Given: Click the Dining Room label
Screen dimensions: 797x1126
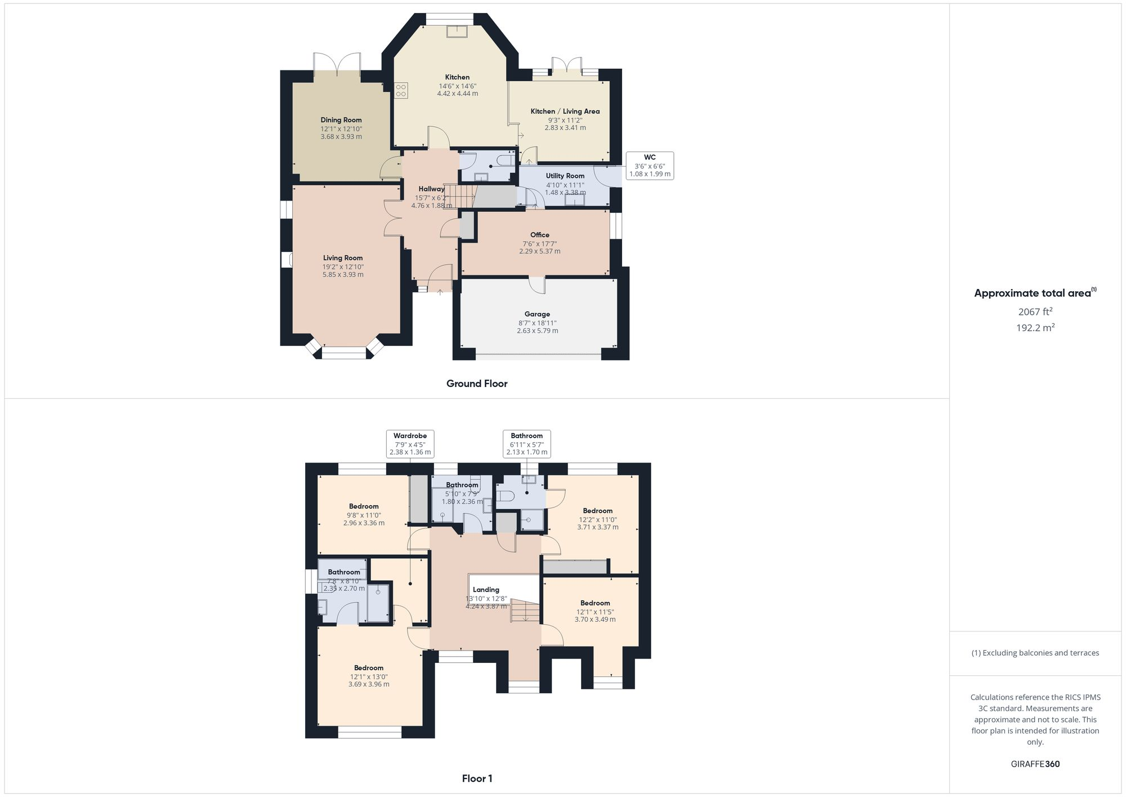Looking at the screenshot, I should pos(341,120).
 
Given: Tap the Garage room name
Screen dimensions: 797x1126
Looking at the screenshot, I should pos(537,314).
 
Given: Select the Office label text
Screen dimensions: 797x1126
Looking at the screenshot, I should pos(539,235).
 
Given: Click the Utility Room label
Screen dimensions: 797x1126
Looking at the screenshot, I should pos(565,176).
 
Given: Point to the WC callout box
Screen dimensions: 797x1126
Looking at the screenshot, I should pos(650,166).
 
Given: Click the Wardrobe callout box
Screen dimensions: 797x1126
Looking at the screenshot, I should pos(410,444).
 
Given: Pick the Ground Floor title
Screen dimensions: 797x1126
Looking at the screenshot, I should pos(477,384).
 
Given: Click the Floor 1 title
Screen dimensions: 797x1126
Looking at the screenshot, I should pos(477,778).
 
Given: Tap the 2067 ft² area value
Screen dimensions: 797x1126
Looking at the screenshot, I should pos(1035,311).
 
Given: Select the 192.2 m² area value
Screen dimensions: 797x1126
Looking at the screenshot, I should pos(1035,328).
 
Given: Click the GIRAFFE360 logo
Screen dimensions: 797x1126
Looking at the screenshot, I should pos(1035,764).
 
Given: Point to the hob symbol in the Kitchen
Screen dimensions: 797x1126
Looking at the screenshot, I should pos(401,91).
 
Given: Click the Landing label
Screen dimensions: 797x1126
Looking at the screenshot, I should pos(486,590).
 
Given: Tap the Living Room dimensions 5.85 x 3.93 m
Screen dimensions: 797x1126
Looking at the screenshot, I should pos(343,275).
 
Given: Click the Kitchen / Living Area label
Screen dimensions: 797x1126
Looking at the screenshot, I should pos(565,112).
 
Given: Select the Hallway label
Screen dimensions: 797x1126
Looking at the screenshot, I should pos(431,189).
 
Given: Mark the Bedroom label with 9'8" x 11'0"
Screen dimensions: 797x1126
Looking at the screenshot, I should pos(364,506).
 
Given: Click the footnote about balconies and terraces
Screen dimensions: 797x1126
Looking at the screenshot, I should pos(1035,653).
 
